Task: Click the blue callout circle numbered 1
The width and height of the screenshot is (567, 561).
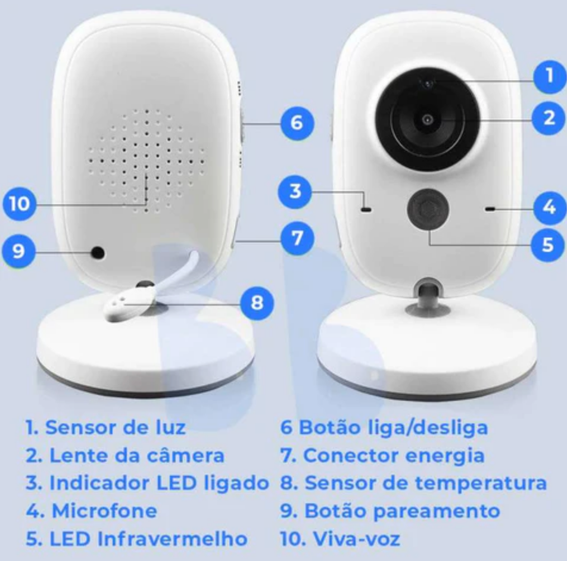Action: pyautogui.click(x=549, y=76)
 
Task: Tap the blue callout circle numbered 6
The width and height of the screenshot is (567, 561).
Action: pyautogui.click(x=297, y=123)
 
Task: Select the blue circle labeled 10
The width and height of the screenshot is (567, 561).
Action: pyautogui.click(x=20, y=204)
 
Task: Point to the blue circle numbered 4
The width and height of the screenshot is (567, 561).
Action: pyautogui.click(x=549, y=207)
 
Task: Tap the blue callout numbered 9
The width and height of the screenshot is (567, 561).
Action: pyautogui.click(x=18, y=250)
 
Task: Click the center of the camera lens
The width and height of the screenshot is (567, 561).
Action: pyautogui.click(x=428, y=119)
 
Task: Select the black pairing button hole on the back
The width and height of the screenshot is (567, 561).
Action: pyautogui.click(x=97, y=253)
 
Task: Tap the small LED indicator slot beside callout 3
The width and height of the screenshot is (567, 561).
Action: pyautogui.click(x=366, y=209)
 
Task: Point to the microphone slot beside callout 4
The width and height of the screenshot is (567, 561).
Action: pyautogui.click(x=490, y=209)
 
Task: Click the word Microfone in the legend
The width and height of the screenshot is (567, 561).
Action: pyautogui.click(x=104, y=510)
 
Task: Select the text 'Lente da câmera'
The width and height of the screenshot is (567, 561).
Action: pyautogui.click(x=136, y=456)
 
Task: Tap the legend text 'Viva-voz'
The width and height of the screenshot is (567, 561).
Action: pyautogui.click(x=356, y=539)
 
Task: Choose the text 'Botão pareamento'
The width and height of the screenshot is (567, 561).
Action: pyautogui.click(x=402, y=510)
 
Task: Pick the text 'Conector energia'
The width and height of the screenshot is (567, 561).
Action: pyautogui.click(x=393, y=456)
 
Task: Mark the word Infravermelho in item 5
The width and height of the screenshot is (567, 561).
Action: pyautogui.click(x=172, y=539)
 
